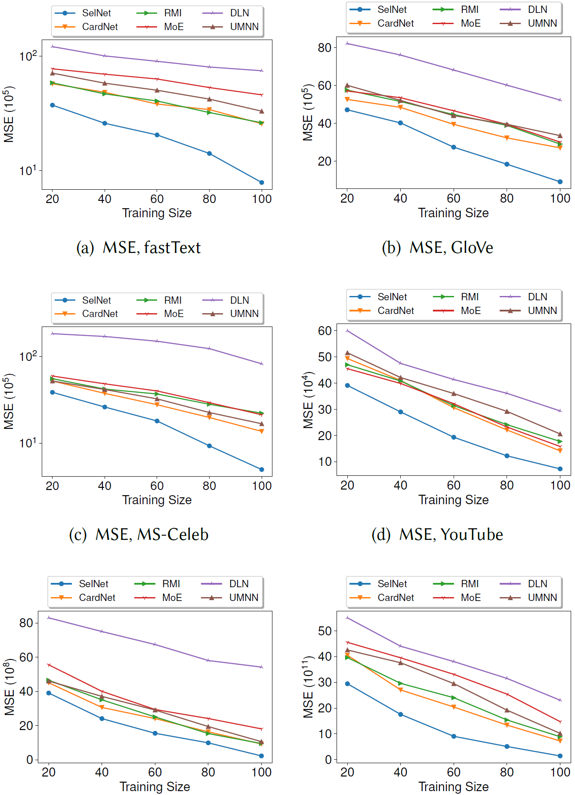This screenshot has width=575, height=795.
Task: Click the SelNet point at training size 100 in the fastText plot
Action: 262,182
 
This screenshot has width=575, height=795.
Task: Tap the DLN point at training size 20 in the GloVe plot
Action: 347,43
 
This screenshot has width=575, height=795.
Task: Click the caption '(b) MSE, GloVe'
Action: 437,248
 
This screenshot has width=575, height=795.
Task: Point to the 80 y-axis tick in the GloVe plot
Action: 325,48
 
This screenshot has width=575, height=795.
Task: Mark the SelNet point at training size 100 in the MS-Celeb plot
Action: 262,469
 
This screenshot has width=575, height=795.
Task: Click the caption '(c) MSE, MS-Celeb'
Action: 139,535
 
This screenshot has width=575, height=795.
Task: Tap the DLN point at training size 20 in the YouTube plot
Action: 347,331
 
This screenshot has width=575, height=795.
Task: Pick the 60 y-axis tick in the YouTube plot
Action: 325,331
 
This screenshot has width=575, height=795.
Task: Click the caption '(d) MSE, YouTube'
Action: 437,535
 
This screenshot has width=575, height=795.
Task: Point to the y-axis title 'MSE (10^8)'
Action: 9,687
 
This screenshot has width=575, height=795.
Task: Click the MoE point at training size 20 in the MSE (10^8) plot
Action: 49,665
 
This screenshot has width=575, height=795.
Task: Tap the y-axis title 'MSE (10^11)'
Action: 308,687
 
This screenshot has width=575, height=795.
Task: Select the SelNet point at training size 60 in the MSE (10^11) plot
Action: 454,736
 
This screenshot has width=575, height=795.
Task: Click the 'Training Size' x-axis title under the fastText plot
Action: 157,213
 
